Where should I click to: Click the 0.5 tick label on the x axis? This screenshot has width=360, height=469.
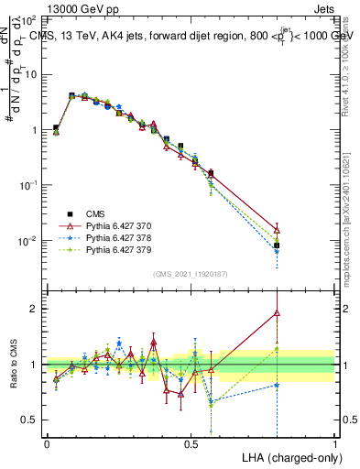coord(191,443)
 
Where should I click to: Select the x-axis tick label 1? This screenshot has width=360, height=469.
coord(334,443)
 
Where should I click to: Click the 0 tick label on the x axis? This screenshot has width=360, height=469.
coord(47,443)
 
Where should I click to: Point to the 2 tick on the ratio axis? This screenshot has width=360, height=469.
coord(35,309)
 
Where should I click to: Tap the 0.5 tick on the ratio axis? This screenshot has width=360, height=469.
coord(30,420)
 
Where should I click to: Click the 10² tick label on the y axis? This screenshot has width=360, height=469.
coord(27,18)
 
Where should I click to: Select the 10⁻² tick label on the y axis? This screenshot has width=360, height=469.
coord(27,241)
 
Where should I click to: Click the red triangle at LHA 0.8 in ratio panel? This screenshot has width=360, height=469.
coord(277,313)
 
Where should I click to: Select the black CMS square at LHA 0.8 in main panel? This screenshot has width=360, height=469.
coord(277,245)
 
